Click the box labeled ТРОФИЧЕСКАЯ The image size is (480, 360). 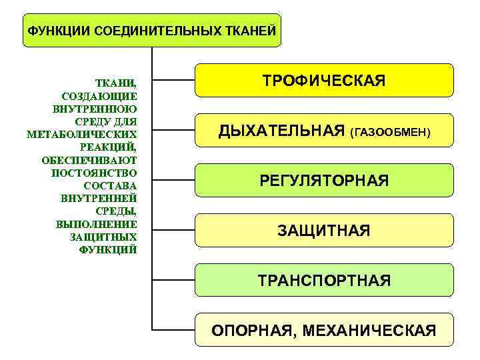pos(324,81)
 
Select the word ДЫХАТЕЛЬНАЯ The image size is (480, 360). pos(281,131)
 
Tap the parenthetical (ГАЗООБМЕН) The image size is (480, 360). pos(390,133)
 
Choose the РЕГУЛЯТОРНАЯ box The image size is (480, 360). pos(324,181)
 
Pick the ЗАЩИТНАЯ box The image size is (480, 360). pos(324,231)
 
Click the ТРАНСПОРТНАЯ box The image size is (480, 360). pos(324,280)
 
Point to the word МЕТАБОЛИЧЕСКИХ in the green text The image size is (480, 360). pos(82,134)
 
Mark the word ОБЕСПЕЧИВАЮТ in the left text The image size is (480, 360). pos(89,160)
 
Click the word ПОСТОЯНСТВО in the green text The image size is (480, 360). pos(94,173)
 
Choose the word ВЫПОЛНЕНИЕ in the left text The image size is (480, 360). pos(97,224)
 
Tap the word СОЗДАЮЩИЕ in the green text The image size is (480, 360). pos(99,96)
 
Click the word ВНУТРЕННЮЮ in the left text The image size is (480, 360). pos(94,109)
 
